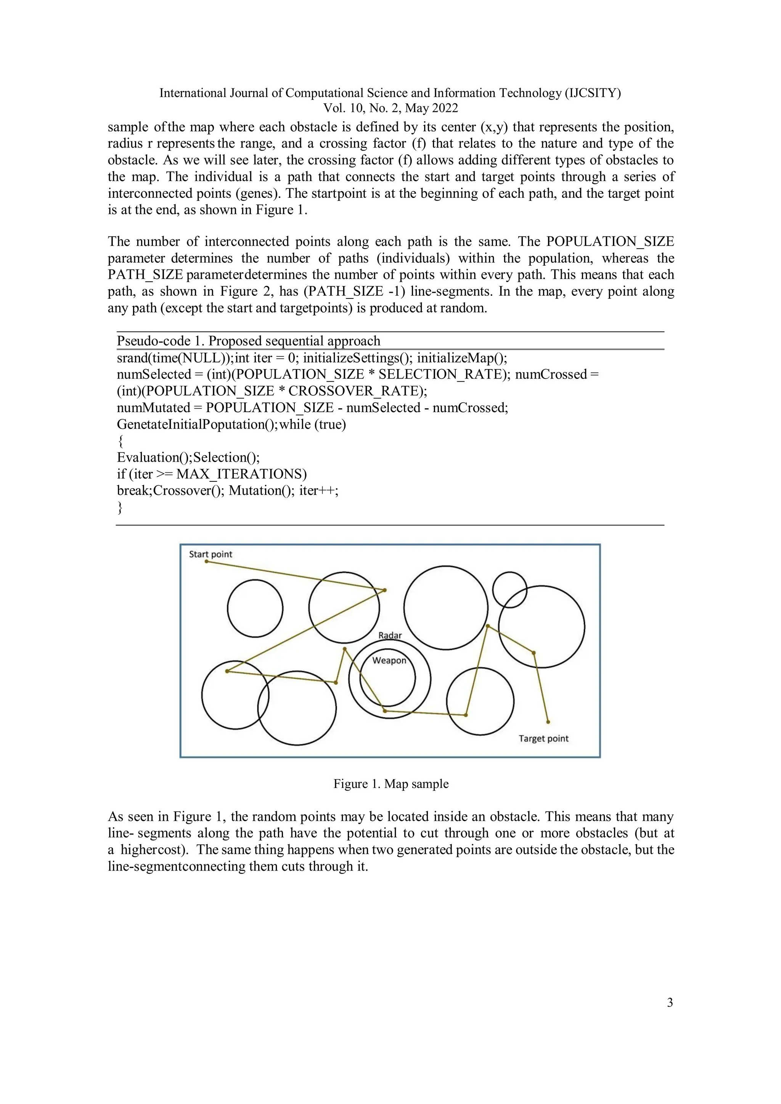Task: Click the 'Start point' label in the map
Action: pos(210,554)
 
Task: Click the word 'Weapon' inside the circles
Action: pos(389,660)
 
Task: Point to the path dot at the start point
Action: pos(207,561)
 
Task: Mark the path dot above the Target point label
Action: pos(548,722)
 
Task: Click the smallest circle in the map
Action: pos(510,589)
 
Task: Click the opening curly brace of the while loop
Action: pos(120,441)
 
